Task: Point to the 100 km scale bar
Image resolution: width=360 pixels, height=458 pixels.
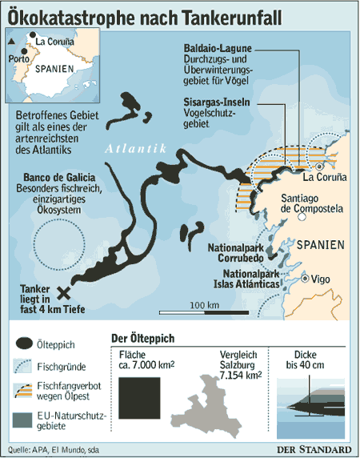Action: coord(205,313)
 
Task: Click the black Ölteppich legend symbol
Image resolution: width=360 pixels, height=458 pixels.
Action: coord(25,344)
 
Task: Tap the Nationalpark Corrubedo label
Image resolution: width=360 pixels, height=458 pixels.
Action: coord(238,254)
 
